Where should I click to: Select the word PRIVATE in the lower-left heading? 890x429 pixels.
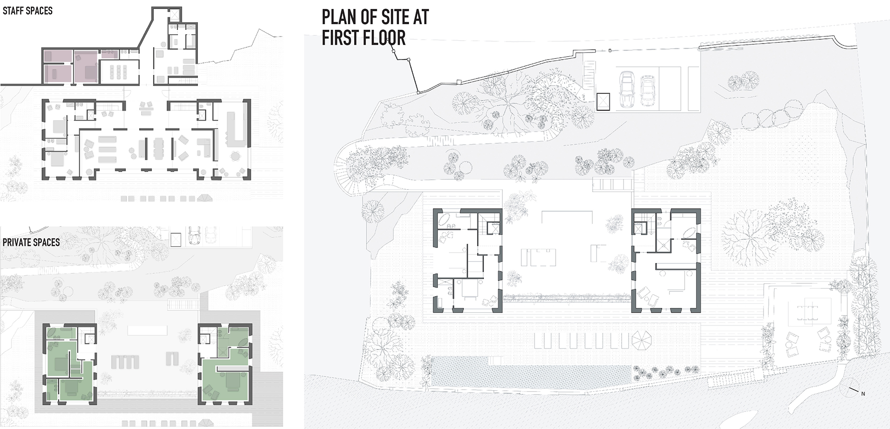[18, 243]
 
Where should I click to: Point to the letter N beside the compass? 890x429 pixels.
[863, 394]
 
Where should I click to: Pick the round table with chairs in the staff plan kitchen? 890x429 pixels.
[235, 157]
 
